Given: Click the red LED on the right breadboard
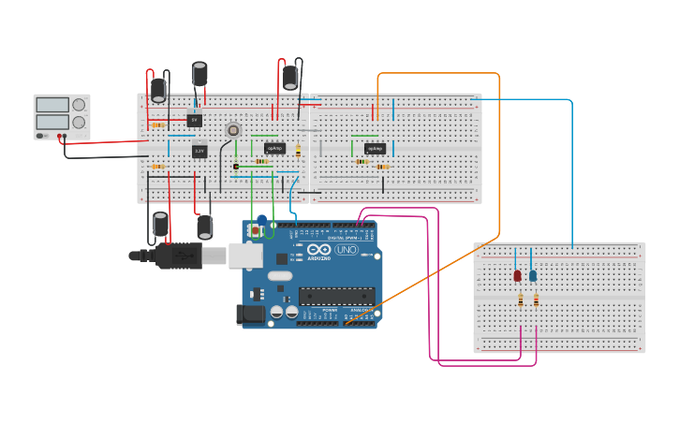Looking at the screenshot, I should (517, 275).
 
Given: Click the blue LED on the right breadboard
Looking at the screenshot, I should (533, 275).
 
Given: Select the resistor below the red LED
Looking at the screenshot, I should (520, 300).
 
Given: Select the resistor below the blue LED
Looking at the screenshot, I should (536, 300).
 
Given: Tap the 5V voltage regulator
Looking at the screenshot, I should (194, 120).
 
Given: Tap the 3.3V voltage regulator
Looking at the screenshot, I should (199, 151).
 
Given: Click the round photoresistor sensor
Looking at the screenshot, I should (233, 130).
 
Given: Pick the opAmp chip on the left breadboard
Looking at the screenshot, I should (274, 148).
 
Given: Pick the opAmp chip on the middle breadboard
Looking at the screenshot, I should (375, 148).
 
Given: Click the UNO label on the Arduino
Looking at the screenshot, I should (347, 250).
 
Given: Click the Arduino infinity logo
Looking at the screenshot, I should (318, 250).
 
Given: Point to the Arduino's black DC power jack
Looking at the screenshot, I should (251, 315).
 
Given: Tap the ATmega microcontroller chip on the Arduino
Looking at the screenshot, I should (337, 296).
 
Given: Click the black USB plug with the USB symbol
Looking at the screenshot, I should (178, 255).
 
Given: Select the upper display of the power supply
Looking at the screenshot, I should (52, 105).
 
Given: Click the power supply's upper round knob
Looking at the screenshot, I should (79, 105).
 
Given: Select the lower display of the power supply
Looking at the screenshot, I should (52, 122).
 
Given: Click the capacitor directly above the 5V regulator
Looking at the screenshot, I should (199, 75).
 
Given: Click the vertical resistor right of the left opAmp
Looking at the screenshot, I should (298, 150).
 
